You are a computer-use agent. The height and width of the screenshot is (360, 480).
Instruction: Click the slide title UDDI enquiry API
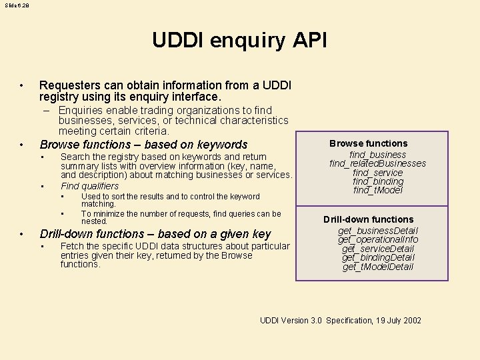(239, 41)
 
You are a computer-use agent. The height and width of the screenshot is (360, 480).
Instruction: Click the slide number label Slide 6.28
(17, 5)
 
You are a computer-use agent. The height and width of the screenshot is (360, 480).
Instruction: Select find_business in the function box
(377, 155)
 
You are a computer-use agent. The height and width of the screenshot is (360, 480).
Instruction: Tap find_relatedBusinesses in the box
(377, 163)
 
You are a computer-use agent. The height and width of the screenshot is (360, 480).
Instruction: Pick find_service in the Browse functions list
(377, 173)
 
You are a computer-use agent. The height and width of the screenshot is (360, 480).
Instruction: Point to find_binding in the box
(377, 181)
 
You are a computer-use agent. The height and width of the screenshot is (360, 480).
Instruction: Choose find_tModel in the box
(377, 190)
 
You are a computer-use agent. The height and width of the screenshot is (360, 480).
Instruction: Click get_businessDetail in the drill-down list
(377, 231)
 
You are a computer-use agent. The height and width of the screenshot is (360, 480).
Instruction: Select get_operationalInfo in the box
(377, 239)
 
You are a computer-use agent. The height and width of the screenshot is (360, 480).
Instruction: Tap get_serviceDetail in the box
(377, 249)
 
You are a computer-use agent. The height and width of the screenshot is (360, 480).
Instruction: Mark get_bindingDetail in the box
(377, 257)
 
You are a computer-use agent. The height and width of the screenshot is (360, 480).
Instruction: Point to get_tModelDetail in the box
(377, 267)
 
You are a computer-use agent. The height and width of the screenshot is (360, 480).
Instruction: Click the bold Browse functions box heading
(368, 143)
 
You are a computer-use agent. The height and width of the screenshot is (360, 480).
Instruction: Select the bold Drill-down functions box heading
(368, 219)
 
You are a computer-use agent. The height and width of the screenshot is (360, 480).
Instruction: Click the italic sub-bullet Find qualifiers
(89, 186)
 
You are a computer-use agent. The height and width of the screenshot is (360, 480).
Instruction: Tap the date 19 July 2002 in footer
(399, 321)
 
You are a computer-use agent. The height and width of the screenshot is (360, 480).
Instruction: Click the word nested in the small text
(93, 221)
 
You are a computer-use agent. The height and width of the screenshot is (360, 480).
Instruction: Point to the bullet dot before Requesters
(22, 85)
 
